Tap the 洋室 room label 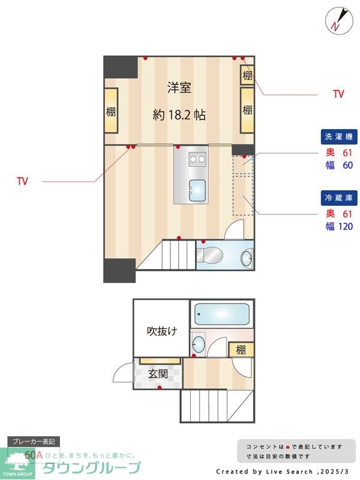pos(179,88)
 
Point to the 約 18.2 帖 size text pos(179,115)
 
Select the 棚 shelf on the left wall pos(111,111)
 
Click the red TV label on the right pos(338,94)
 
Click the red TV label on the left pos(23,181)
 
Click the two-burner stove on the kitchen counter pos(197,158)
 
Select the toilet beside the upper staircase pos(210,256)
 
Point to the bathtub pos(222,314)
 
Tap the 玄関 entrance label pos(158,374)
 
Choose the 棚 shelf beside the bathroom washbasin pos(241,350)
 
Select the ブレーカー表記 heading pos(34,442)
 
